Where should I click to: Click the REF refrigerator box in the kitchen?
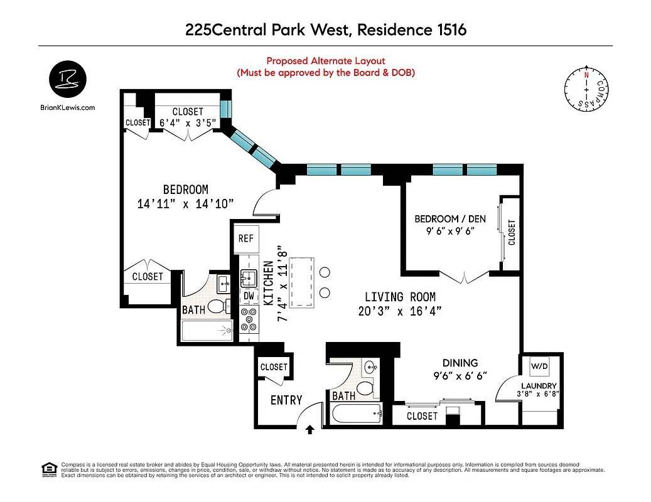coord(245,239)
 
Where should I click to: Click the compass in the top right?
coord(586,90)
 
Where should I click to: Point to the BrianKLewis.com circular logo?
coord(68,80)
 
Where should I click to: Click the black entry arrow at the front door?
coord(309,429)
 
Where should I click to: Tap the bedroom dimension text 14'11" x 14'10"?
coord(185,203)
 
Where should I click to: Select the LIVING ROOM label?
coord(401,297)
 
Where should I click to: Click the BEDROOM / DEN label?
coord(445,219)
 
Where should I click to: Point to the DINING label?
coord(460,363)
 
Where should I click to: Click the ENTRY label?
coord(286,400)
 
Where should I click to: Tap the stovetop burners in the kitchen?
coord(249,319)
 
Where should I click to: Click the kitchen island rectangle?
coord(306,280)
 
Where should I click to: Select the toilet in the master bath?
coord(217,306)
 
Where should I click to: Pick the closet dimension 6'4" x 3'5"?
coord(188,123)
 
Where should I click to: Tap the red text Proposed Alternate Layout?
coord(325,61)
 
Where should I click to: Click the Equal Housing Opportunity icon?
coord(47,469)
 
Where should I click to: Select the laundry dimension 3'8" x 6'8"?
coord(539,394)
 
